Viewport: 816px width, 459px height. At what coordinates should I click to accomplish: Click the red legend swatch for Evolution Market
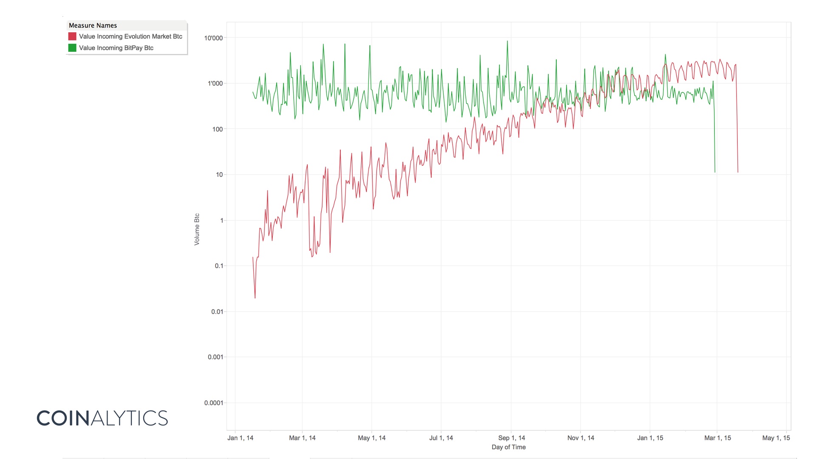pyautogui.click(x=72, y=37)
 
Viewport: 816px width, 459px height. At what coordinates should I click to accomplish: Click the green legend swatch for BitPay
pyautogui.click(x=72, y=48)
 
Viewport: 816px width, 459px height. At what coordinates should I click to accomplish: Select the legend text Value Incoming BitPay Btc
pyautogui.click(x=116, y=48)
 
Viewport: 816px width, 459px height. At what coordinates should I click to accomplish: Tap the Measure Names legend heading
pyautogui.click(x=93, y=25)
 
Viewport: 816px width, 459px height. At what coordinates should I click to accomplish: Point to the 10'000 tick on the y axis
pyautogui.click(x=213, y=38)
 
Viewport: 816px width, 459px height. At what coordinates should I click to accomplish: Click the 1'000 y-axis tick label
pyautogui.click(x=215, y=84)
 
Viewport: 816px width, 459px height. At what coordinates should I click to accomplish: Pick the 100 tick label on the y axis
pyautogui.click(x=217, y=129)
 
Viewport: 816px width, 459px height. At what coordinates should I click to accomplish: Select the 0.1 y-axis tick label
pyautogui.click(x=219, y=266)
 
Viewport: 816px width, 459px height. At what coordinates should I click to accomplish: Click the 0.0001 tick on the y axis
pyautogui.click(x=213, y=403)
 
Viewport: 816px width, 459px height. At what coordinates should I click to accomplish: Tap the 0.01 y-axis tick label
pyautogui.click(x=217, y=312)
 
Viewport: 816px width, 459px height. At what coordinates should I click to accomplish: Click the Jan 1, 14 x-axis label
pyautogui.click(x=240, y=438)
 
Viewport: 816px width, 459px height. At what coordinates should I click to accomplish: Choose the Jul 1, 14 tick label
pyautogui.click(x=441, y=438)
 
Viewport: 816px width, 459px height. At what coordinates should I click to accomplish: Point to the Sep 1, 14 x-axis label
pyautogui.click(x=512, y=438)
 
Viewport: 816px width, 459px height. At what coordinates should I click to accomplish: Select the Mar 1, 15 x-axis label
pyautogui.click(x=717, y=438)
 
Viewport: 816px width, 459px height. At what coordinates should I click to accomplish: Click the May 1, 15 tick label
pyautogui.click(x=776, y=438)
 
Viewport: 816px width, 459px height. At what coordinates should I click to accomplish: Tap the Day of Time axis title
pyautogui.click(x=509, y=447)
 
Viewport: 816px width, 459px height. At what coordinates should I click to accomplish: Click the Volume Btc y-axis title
pyautogui.click(x=197, y=229)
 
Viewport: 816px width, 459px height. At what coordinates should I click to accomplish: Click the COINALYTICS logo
pyautogui.click(x=102, y=418)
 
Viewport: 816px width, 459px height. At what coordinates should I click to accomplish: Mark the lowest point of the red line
pyautogui.click(x=255, y=298)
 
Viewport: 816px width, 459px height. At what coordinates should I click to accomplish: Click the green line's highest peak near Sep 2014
pyautogui.click(x=507, y=41)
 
